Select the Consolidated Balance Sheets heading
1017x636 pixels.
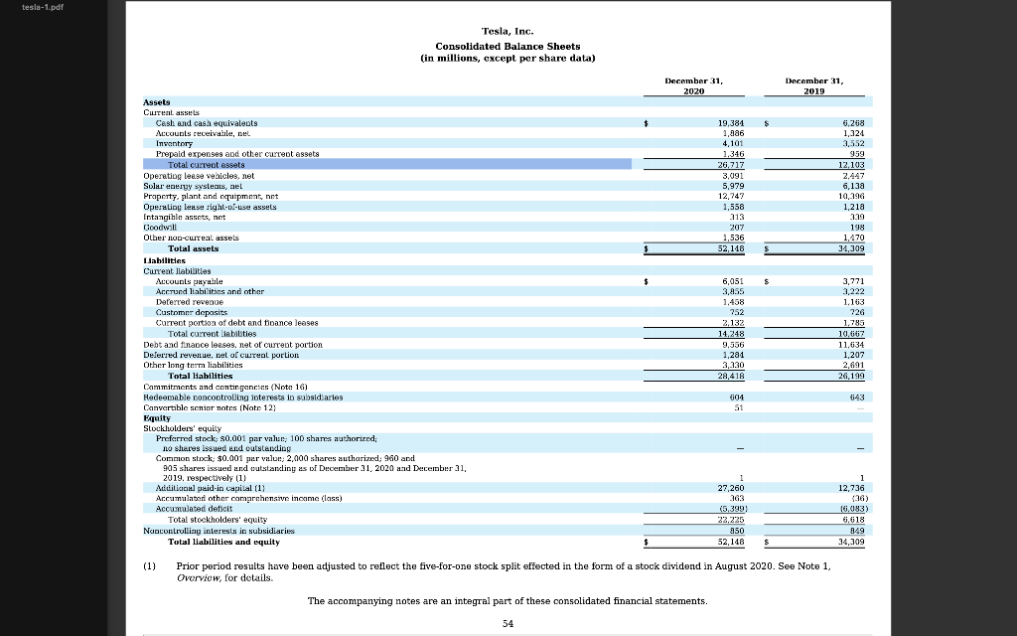click(x=508, y=46)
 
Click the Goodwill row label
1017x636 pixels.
click(x=160, y=227)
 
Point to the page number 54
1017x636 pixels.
click(x=508, y=623)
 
